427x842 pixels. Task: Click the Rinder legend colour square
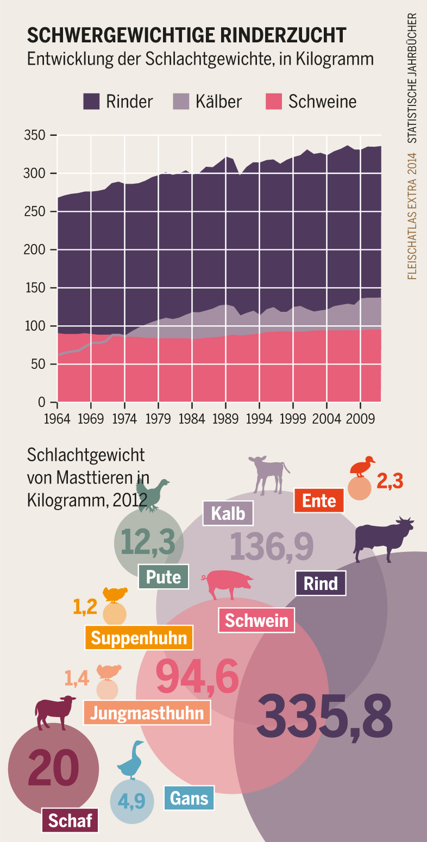click(91, 102)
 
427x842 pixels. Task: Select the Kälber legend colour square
click(181, 102)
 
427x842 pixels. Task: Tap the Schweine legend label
click(322, 102)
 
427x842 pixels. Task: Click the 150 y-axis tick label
click(36, 288)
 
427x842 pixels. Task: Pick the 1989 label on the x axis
click(225, 419)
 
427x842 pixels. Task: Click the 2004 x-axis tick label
click(327, 419)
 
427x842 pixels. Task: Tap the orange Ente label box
click(319, 501)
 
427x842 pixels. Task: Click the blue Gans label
click(189, 798)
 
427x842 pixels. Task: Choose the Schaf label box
click(70, 820)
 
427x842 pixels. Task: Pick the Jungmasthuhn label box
click(147, 713)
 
